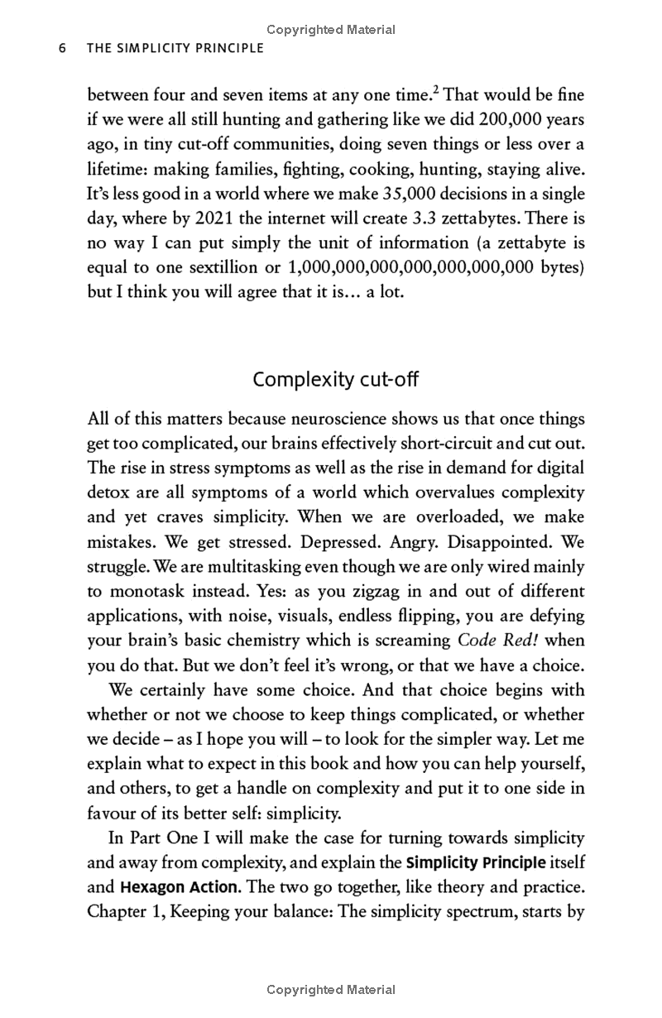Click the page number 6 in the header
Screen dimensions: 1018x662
[x=61, y=48]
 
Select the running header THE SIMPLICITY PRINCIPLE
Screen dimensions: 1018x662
[x=175, y=48]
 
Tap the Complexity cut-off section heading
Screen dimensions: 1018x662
[x=335, y=380]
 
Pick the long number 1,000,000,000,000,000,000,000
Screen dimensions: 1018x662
[x=396, y=268]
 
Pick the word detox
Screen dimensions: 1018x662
[x=106, y=492]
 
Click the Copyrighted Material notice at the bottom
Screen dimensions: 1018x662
[x=331, y=990]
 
